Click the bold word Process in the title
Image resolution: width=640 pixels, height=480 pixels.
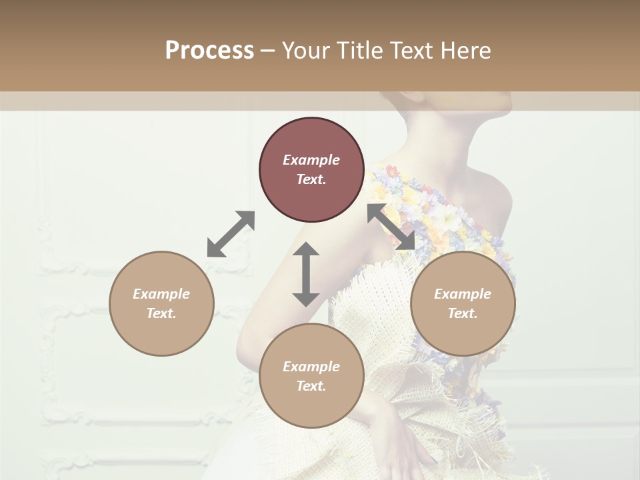point(209,51)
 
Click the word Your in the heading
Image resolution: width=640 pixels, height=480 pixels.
point(305,51)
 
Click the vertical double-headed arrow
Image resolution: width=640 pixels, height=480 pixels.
point(306,274)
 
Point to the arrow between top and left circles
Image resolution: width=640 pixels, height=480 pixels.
point(231,234)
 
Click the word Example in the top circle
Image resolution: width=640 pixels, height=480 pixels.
point(311,160)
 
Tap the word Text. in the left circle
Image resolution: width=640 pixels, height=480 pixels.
point(161,313)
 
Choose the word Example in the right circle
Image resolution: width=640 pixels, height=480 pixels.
point(463,294)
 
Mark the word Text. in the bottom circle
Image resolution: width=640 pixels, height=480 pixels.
point(311,386)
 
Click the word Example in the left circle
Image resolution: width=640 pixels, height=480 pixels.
point(161,294)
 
